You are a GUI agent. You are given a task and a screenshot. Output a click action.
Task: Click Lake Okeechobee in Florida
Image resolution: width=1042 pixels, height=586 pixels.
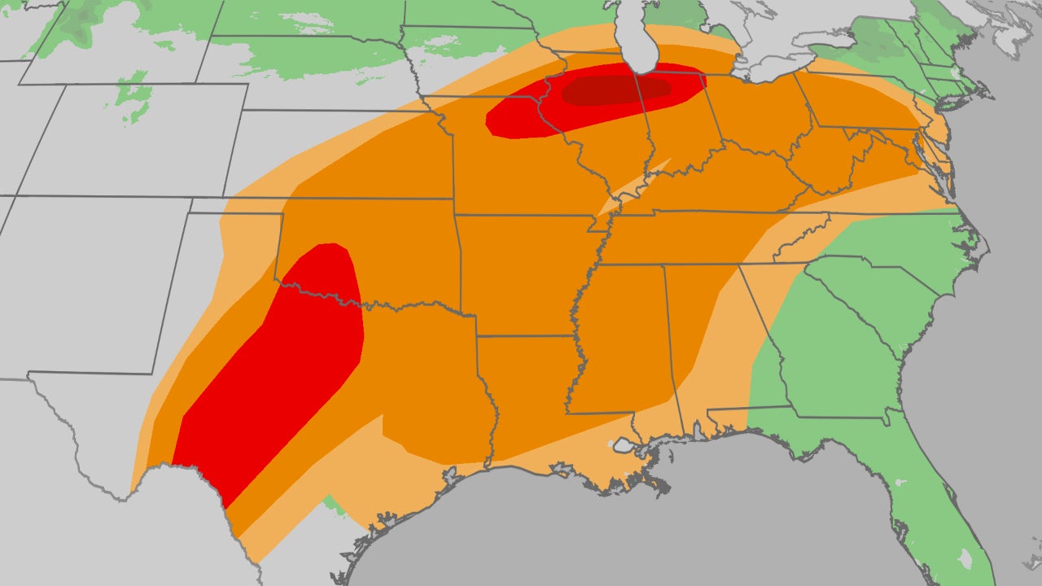click(965, 558)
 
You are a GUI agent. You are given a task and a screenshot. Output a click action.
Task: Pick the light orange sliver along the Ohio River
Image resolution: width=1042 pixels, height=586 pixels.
click(631, 192)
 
